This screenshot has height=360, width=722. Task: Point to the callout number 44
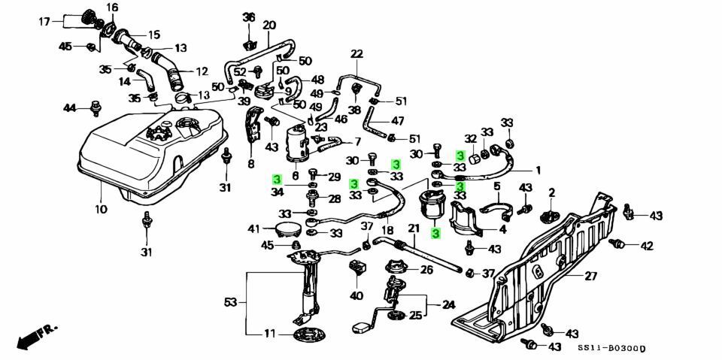click(x=70, y=109)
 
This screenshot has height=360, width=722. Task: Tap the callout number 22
click(x=356, y=54)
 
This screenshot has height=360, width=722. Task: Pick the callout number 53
click(x=230, y=302)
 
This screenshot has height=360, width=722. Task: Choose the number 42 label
click(x=646, y=245)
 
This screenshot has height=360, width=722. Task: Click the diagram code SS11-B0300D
click(x=612, y=348)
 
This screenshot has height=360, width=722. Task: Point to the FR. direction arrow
click(x=35, y=334)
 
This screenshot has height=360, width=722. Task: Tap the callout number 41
click(x=254, y=228)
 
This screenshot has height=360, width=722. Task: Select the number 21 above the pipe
click(x=413, y=228)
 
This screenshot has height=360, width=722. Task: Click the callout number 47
click(x=397, y=120)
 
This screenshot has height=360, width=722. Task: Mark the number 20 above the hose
click(x=269, y=26)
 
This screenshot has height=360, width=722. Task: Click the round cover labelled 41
click(x=286, y=228)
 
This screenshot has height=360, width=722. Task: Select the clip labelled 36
click(x=249, y=33)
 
